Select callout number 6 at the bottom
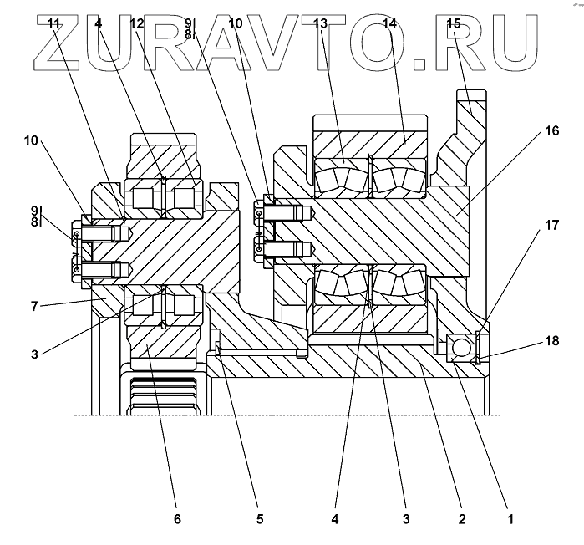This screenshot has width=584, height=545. (x=176, y=519)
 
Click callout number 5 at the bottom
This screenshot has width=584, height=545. (x=260, y=519)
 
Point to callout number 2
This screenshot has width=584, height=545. (x=461, y=519)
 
